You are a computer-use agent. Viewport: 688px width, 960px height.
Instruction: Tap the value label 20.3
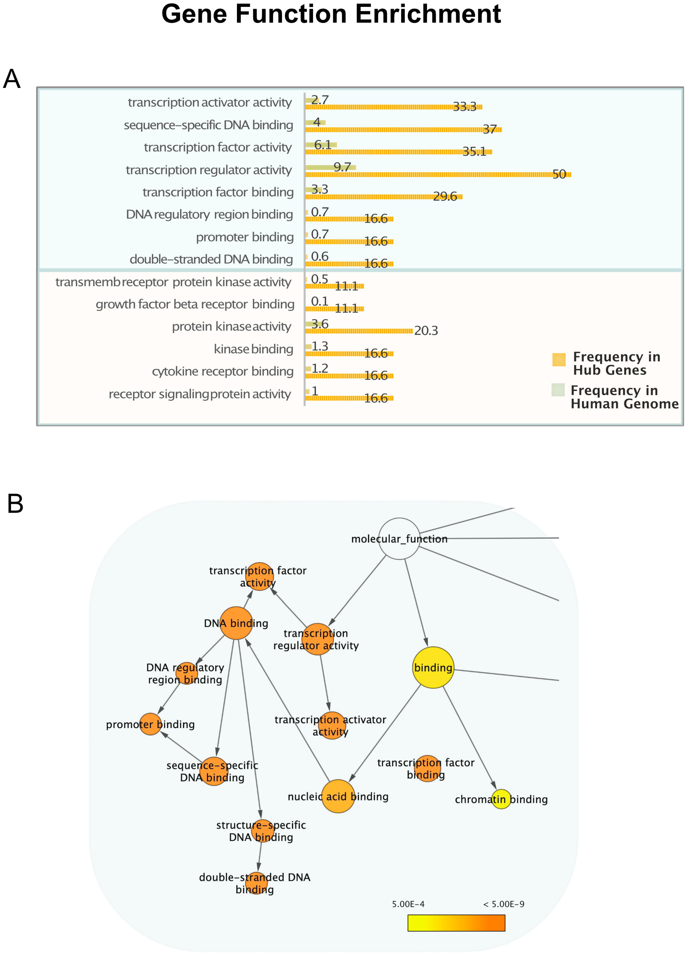426,331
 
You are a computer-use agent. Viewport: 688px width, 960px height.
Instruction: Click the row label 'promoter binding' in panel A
245,237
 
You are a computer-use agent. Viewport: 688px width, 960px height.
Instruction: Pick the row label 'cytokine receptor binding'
223,371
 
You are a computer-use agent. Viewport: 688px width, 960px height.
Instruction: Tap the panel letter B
15,504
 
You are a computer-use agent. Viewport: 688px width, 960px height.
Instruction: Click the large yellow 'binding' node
433,668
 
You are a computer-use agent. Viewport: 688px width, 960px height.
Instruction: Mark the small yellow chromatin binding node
501,799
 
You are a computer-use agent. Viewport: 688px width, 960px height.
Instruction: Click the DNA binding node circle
236,623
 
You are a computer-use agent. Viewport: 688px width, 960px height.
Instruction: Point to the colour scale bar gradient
456,923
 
